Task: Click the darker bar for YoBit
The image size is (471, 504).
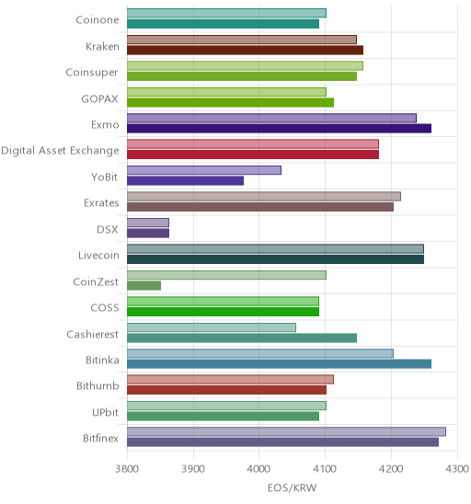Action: [185, 181]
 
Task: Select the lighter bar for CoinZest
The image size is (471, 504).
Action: [226, 275]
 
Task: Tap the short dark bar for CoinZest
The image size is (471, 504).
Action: [144, 286]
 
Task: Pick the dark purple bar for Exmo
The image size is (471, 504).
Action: [279, 129]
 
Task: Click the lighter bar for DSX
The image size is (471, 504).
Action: [148, 223]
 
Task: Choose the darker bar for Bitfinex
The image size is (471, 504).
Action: [283, 442]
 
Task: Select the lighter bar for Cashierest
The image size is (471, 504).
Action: [212, 327]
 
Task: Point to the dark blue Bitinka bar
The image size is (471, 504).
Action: [279, 364]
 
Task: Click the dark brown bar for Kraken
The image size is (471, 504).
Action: [245, 51]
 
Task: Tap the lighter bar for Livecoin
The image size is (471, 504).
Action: [276, 249]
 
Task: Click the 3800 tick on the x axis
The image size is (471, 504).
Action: [127, 469]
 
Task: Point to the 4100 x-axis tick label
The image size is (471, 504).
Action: [325, 469]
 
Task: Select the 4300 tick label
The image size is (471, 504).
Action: [457, 469]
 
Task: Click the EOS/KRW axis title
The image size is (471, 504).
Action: [293, 488]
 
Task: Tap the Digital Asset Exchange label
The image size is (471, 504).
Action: [60, 151]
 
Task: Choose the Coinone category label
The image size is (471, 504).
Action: [98, 20]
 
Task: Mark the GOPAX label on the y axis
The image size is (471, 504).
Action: [99, 98]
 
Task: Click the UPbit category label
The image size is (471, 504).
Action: [106, 412]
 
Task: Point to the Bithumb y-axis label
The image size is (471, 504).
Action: [98, 385]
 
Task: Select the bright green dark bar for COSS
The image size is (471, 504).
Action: [224, 312]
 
